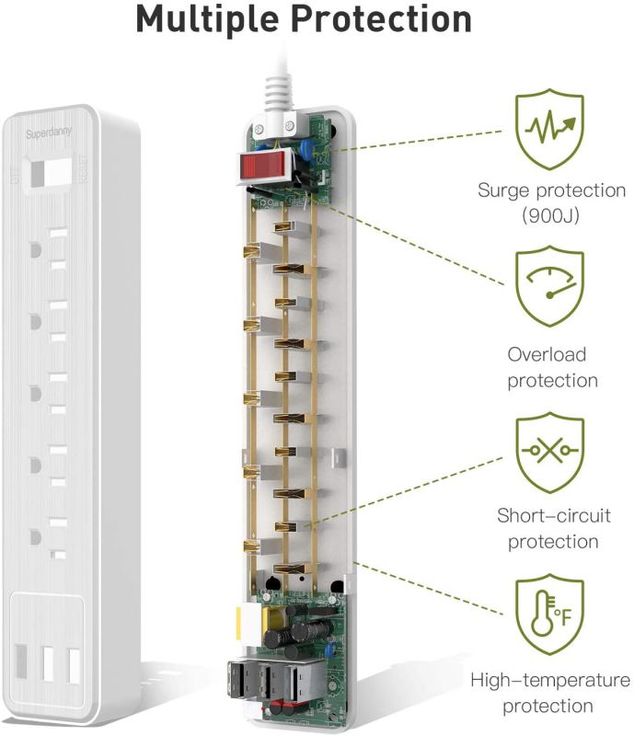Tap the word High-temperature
(x=550, y=681)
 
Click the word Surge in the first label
(x=503, y=191)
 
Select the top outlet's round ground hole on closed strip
(x=34, y=249)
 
